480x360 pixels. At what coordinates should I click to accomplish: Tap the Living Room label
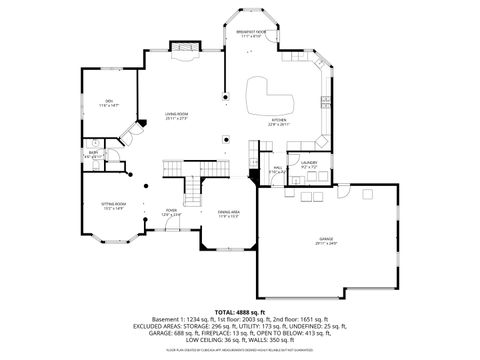pyautogui.click(x=177, y=115)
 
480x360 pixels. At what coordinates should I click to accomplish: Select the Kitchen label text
pyautogui.click(x=278, y=122)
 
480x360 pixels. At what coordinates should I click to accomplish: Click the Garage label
pyautogui.click(x=326, y=240)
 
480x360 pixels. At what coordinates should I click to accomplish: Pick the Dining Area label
pyautogui.click(x=228, y=213)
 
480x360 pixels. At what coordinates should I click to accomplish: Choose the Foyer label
pyautogui.click(x=172, y=212)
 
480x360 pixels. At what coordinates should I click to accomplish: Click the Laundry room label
pyautogui.click(x=308, y=163)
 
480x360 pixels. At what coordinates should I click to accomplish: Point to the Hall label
pyautogui.click(x=277, y=170)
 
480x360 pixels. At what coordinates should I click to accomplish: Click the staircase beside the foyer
pyautogui.click(x=194, y=185)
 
